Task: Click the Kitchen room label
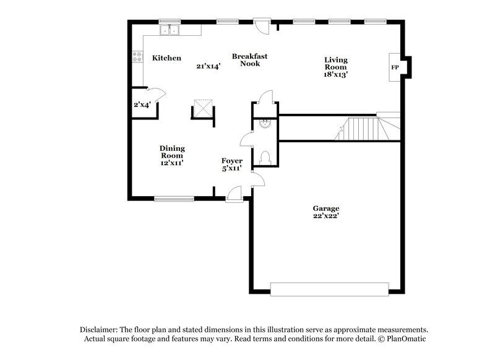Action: click(x=166, y=58)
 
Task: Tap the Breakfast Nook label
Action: click(x=245, y=59)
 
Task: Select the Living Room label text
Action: click(x=336, y=64)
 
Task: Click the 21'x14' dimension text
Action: click(x=208, y=66)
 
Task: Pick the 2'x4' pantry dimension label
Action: click(x=142, y=105)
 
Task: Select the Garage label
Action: click(x=325, y=208)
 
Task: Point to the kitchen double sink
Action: click(x=168, y=30)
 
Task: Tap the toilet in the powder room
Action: click(x=265, y=156)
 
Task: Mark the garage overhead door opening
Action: click(x=329, y=289)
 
